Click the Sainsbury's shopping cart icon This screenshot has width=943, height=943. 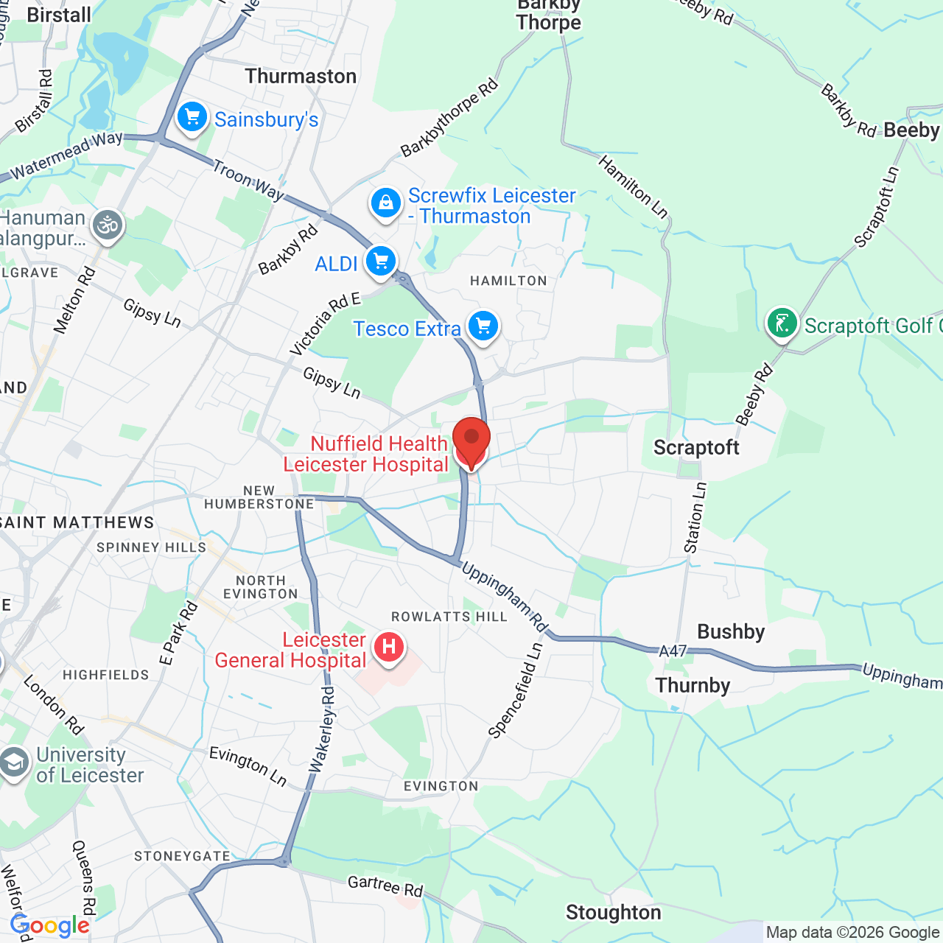pos(192,117)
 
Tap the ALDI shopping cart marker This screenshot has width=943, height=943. pos(381,262)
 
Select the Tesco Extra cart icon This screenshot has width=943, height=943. pos(483,326)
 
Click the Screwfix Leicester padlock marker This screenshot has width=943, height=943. pos(385,203)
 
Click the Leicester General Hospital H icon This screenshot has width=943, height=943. pos(389,648)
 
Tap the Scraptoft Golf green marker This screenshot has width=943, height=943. pos(782,323)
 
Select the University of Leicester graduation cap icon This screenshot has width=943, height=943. pos(14,763)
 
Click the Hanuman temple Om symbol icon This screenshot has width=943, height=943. pos(108,225)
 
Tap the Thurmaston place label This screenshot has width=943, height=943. pos(301,77)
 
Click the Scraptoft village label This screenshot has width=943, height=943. pos(696,448)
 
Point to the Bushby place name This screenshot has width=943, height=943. pos(731,632)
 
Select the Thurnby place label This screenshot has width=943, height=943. pos(693,686)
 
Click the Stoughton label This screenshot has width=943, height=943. pos(613,913)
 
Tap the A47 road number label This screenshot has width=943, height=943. pos(673,651)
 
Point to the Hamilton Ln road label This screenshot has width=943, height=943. pos(633,188)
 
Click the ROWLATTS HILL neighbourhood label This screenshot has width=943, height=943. pos(449,617)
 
